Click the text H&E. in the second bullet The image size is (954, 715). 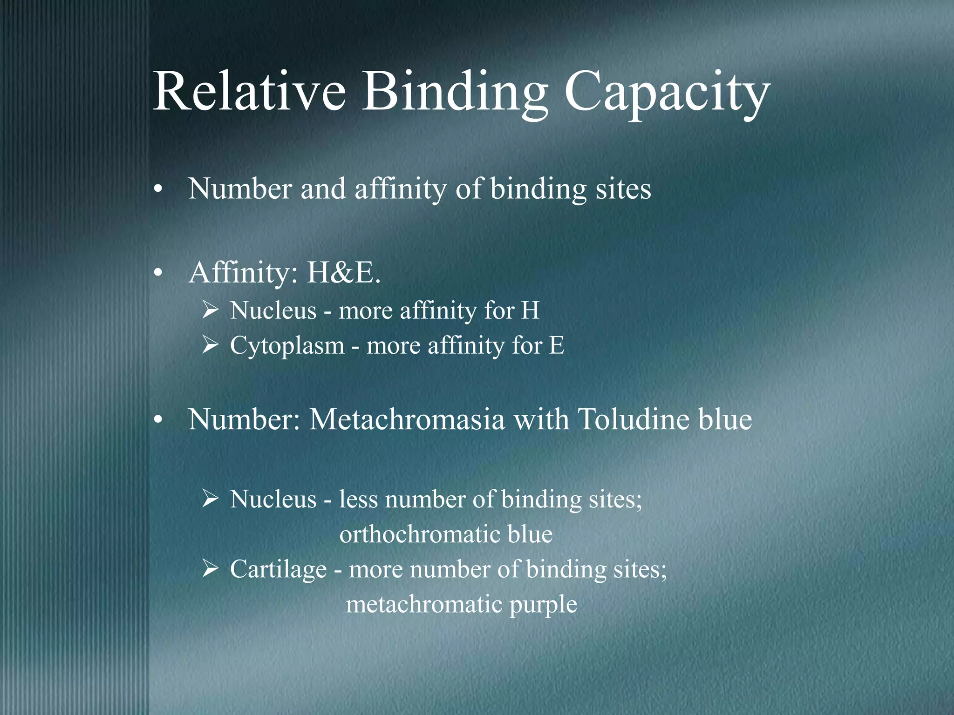343,273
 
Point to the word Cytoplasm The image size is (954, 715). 287,346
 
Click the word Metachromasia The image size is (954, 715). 407,419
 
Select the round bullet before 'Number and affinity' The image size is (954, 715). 158,190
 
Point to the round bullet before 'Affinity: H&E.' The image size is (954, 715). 158,274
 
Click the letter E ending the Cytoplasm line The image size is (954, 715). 556,346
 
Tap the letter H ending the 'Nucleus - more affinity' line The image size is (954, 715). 530,310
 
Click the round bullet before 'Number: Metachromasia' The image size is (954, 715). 158,420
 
